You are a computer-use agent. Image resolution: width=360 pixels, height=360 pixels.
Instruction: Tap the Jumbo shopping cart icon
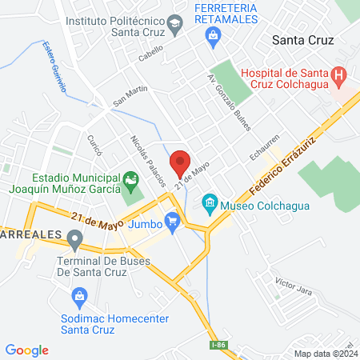click(x=170, y=220)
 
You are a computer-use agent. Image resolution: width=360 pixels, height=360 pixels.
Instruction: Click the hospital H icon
click(x=339, y=78)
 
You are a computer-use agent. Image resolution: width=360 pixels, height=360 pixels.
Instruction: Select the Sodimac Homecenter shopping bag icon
click(x=79, y=298)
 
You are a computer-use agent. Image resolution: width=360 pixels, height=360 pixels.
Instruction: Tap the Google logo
click(x=26, y=350)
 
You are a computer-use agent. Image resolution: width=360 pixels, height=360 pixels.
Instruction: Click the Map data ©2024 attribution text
click(x=325, y=353)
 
